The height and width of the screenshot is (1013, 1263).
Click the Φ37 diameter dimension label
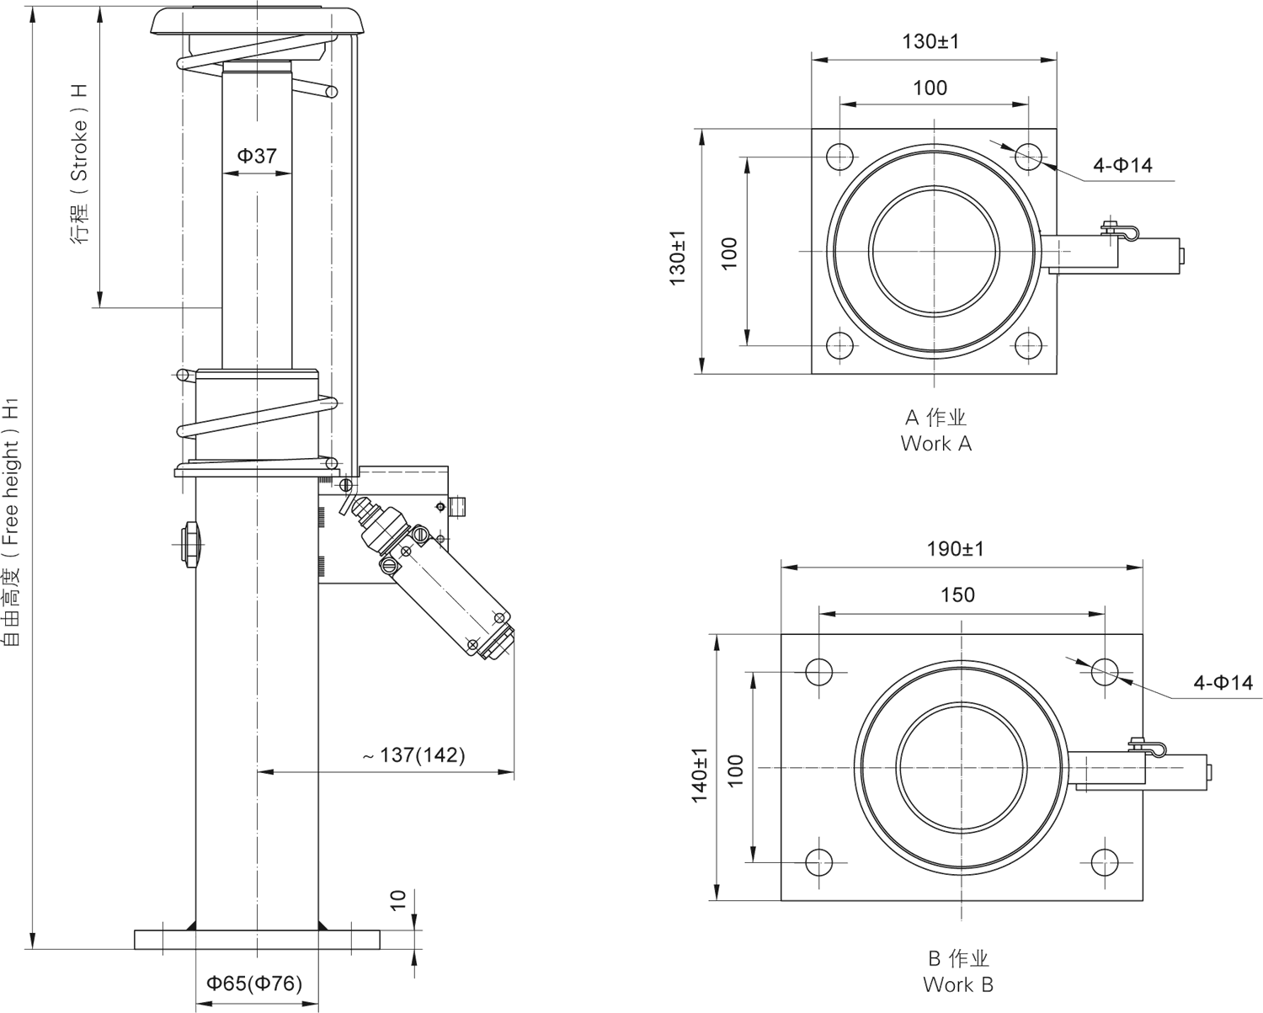click(x=256, y=155)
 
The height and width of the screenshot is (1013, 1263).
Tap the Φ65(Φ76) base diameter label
click(x=254, y=983)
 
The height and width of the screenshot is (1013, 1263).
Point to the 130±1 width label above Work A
click(x=930, y=41)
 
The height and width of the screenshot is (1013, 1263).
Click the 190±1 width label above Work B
click(x=956, y=549)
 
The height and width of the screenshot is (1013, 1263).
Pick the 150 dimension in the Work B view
click(x=957, y=595)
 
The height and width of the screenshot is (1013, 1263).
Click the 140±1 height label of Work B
click(x=700, y=775)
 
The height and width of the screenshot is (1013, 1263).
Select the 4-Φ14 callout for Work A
click(x=1122, y=165)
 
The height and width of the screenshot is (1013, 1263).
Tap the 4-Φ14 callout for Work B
click(x=1223, y=683)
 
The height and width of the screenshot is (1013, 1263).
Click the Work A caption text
click(x=935, y=430)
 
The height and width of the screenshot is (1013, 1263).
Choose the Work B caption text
click(x=957, y=971)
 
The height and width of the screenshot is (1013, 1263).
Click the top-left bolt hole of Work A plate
click(x=839, y=157)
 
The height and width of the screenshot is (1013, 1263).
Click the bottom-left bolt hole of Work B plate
click(x=818, y=861)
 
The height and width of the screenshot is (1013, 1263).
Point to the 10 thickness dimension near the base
click(x=398, y=901)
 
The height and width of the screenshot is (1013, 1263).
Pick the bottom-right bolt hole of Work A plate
click(x=1028, y=345)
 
